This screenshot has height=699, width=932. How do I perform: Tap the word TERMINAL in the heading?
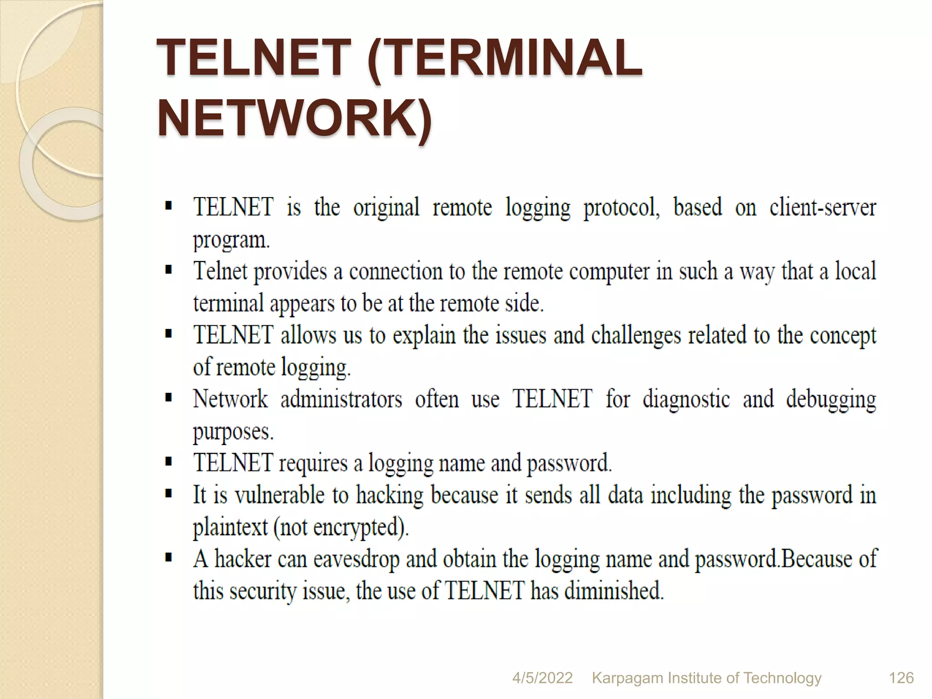(505, 58)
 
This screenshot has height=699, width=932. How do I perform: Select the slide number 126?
(901, 678)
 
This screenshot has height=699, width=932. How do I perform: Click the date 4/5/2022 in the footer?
(542, 678)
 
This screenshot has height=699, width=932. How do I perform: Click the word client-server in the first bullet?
(822, 208)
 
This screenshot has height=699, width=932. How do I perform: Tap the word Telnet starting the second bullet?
(220, 271)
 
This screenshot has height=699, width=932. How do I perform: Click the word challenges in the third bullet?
(636, 336)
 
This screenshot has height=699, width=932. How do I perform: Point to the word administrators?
(341, 399)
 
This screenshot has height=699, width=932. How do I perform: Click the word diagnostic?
(686, 399)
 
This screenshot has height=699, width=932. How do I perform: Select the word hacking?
(390, 496)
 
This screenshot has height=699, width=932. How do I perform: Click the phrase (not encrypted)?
(341, 528)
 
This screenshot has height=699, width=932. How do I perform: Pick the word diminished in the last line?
(614, 591)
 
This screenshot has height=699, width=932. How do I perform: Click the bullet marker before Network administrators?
(169, 398)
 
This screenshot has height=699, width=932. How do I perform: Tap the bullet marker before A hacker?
(169, 557)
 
